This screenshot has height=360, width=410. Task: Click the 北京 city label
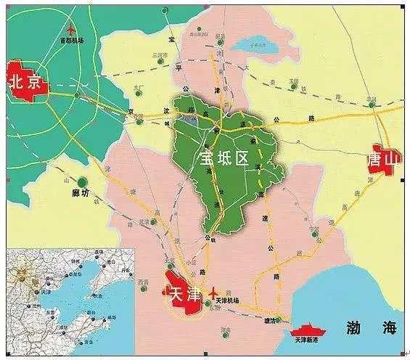coord(24,83)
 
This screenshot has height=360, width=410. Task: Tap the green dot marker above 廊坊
coord(82,180)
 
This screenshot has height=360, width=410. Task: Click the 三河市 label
coord(158,55)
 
